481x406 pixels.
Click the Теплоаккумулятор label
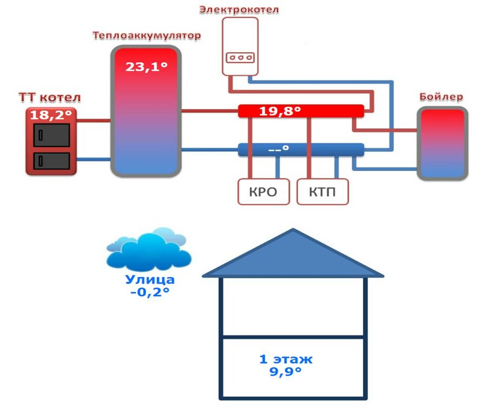147,36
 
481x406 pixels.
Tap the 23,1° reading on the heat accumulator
146,67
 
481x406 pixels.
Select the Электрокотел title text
240,9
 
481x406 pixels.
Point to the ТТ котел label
50,98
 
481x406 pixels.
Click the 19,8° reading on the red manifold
280,111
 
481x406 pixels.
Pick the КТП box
321,193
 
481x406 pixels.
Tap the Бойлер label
441,97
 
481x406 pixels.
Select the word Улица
150,280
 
